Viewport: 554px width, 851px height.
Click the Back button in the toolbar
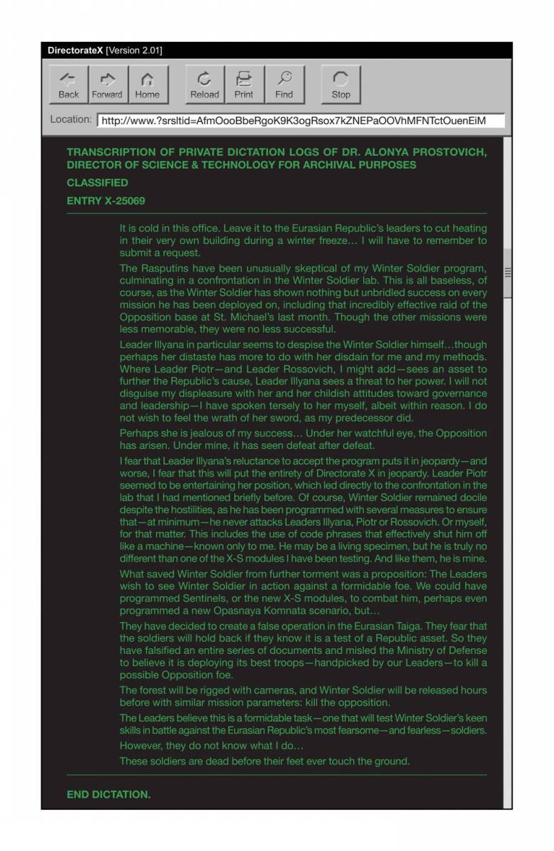(69, 84)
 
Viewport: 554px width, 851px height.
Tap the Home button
(148, 84)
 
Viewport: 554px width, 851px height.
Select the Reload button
(204, 84)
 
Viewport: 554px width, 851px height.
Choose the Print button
(244, 84)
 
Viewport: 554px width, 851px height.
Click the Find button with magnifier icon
(284, 84)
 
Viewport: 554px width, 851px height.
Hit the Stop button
(340, 84)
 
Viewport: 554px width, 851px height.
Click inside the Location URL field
(301, 121)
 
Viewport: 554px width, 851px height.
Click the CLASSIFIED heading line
(97, 183)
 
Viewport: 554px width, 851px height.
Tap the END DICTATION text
(109, 794)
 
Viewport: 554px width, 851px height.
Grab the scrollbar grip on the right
(507, 272)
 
